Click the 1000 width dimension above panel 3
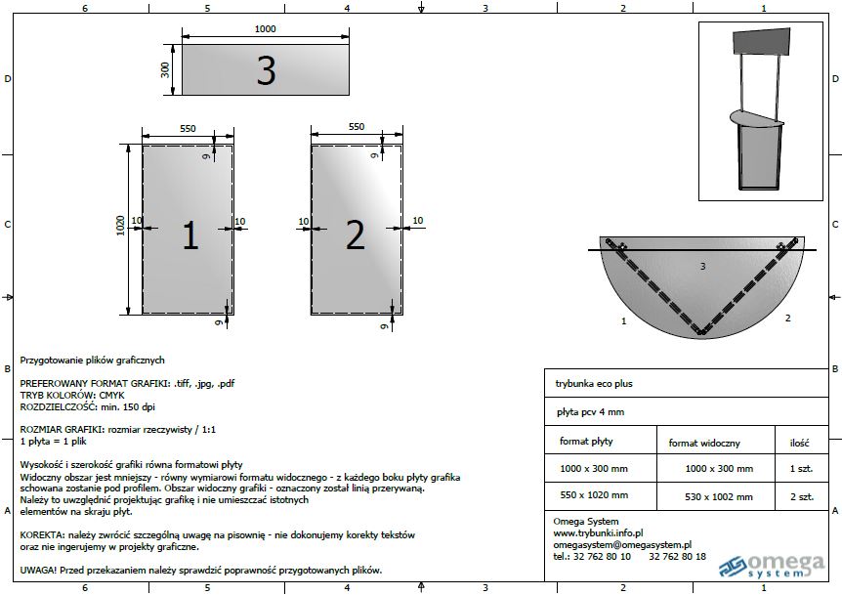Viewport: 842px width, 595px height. coord(266,29)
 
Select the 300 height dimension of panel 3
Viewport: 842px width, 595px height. coord(165,69)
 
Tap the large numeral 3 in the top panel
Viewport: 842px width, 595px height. coord(267,71)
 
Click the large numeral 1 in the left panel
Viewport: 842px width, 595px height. coord(190,235)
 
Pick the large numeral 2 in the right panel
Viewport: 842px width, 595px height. coord(355,234)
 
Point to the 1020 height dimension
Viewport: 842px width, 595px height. coord(120,226)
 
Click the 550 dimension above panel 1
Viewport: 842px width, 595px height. coord(188,128)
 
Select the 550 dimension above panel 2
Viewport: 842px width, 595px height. coord(357,127)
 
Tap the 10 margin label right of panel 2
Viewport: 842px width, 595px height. coord(418,220)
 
